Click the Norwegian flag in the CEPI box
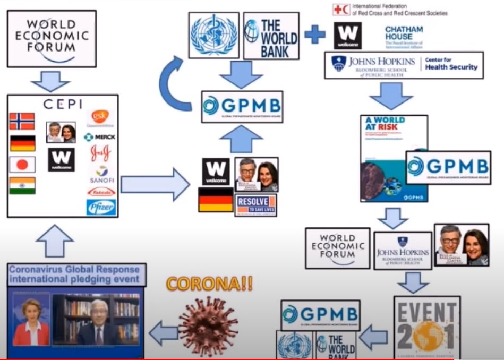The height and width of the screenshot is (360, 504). point(22,121)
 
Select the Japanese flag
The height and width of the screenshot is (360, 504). point(22,165)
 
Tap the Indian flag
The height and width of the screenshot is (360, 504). point(22,185)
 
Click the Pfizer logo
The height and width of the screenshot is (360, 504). point(101,207)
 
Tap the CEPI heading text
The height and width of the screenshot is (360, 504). point(63,104)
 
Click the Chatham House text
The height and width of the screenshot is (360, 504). point(404,33)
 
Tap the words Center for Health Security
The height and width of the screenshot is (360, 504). point(452,64)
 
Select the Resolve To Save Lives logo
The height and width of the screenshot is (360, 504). point(256,204)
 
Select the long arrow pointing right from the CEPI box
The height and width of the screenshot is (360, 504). point(154,185)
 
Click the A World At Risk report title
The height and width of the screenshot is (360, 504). point(385,126)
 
